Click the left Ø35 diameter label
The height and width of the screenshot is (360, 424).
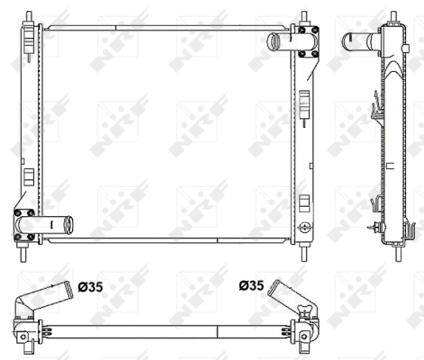90,287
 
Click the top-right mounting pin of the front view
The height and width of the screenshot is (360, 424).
304,16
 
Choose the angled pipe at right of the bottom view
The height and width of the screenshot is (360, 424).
289,294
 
